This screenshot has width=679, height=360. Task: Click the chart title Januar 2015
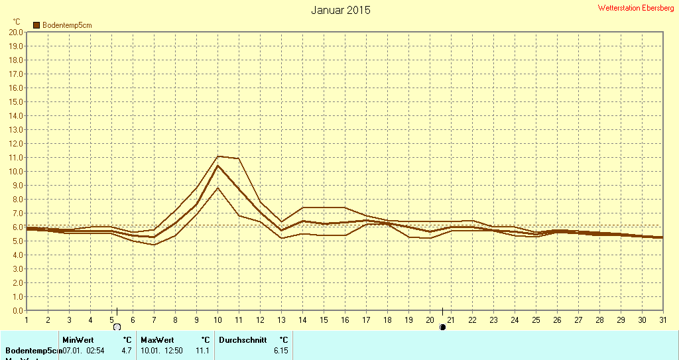point(341,10)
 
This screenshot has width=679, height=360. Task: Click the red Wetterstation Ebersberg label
point(636,8)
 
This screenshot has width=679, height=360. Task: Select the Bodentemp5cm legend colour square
point(36,25)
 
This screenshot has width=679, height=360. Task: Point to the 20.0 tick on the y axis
point(16,32)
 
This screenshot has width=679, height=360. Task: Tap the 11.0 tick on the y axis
point(16,157)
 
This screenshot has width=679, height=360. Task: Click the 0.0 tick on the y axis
point(18,310)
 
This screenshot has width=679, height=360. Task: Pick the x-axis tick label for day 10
point(217,320)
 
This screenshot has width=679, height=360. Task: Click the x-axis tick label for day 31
point(663,320)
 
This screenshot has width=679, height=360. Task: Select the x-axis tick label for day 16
point(345,320)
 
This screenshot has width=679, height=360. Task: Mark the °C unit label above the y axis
point(17,22)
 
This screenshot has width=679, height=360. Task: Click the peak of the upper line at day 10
point(217,156)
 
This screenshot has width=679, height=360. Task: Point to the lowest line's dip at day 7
point(154,245)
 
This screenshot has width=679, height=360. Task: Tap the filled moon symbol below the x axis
point(442,327)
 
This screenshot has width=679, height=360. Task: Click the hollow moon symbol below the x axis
point(117,327)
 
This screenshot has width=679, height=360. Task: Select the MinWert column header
point(78,339)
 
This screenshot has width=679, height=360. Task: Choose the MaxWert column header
point(156,339)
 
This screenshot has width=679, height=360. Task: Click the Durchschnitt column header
point(243,339)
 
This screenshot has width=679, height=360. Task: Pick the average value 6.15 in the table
point(280,350)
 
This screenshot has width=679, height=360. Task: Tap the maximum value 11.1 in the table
point(204,350)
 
